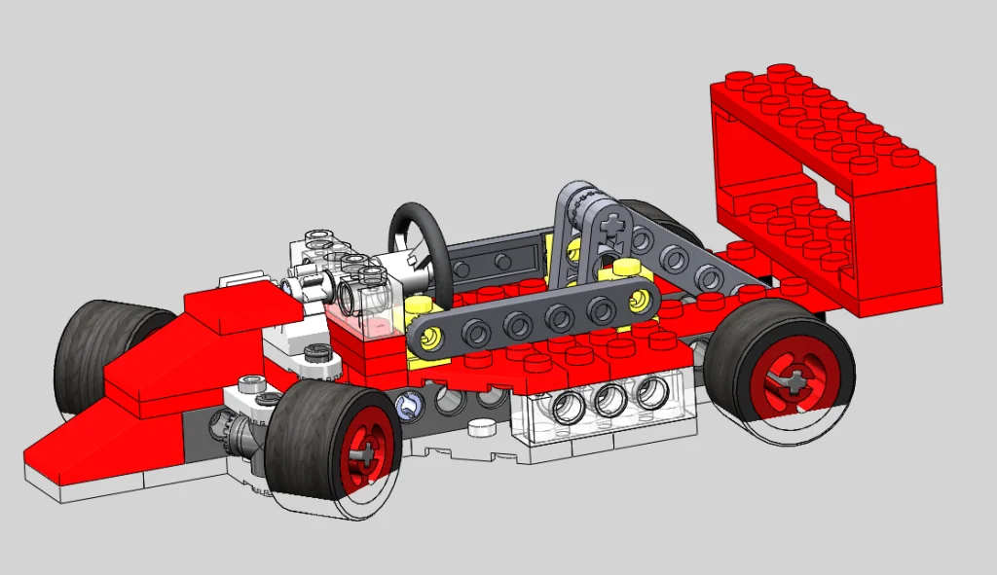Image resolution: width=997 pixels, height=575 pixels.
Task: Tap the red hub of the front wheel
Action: (362, 451)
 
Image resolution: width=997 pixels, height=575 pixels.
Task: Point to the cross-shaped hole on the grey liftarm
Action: (611, 228)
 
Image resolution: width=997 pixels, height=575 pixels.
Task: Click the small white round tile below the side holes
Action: (479, 427)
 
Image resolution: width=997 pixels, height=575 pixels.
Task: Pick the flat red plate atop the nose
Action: (234, 309)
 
